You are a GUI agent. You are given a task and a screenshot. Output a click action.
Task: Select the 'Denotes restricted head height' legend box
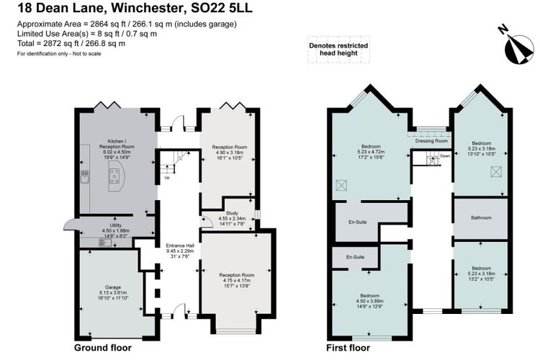click(338, 49)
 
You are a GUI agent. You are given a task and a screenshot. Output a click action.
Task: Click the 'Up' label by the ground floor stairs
click(167, 177)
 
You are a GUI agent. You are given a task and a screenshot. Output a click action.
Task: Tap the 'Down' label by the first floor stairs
click(444, 156)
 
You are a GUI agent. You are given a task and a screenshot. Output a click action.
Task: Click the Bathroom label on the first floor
click(481, 217)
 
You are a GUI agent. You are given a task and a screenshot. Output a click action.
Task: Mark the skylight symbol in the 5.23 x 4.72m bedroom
click(341, 184)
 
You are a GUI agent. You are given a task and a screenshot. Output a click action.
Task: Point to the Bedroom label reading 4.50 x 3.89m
click(370, 300)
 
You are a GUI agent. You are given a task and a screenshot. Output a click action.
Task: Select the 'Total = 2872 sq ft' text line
click(71, 42)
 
